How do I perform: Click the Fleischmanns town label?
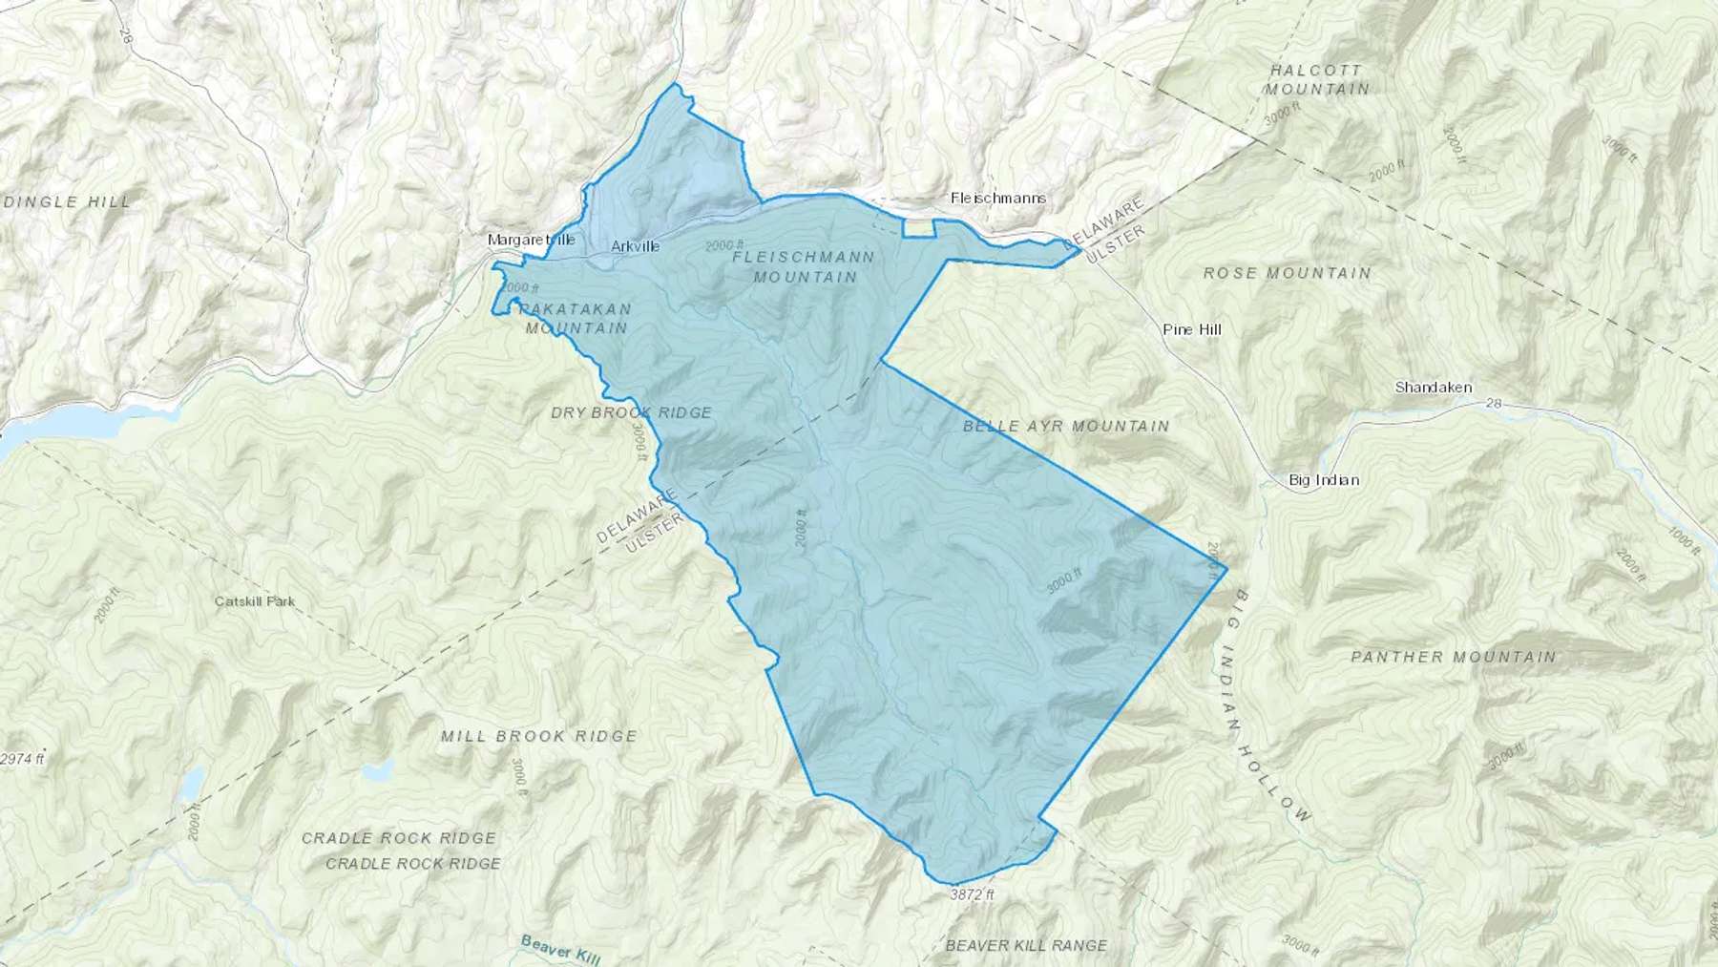[997, 199]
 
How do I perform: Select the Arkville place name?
[635, 246]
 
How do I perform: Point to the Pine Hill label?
[1191, 329]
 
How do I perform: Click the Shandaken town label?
[1433, 388]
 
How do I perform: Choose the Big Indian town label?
[1323, 480]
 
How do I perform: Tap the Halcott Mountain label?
[1317, 79]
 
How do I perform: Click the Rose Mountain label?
[1287, 273]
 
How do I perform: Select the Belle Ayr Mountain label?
[1065, 426]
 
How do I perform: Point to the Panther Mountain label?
[1453, 657]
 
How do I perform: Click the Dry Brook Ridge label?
[631, 412]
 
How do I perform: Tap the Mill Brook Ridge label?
[538, 736]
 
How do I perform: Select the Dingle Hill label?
[68, 201]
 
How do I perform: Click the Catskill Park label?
[254, 601]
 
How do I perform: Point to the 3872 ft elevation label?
[972, 895]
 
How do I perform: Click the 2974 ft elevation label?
[21, 760]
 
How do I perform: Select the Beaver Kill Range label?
[1026, 945]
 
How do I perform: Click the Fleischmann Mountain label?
[804, 267]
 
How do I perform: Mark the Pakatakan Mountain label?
[576, 318]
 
